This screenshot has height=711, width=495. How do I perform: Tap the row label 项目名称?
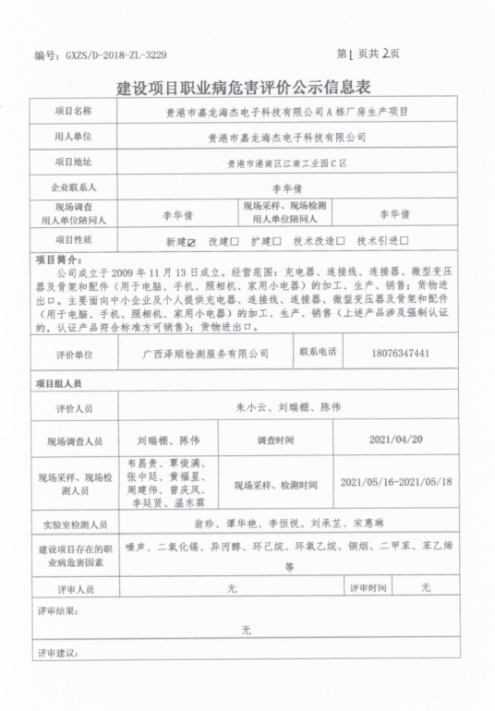click(74, 111)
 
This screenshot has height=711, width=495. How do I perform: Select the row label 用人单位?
click(74, 136)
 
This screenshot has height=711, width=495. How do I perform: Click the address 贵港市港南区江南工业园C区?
click(286, 163)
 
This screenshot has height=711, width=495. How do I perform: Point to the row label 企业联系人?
click(74, 187)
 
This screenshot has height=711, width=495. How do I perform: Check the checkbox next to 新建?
click(191, 241)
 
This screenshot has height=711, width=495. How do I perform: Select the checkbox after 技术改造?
click(340, 241)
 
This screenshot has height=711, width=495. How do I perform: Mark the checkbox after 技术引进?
click(404, 241)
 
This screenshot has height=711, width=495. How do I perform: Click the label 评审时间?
click(369, 587)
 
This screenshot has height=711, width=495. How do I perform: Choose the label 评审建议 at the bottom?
click(58, 653)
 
